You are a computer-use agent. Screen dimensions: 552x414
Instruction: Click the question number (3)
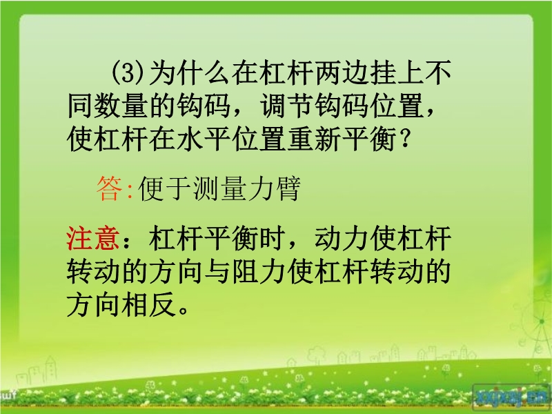tap(128, 73)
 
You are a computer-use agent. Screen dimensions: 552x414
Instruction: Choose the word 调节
tap(287, 106)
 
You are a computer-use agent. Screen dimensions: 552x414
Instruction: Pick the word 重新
tap(314, 139)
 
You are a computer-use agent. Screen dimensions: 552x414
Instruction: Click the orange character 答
tap(110, 188)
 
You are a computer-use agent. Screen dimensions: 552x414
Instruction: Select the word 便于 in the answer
tap(165, 188)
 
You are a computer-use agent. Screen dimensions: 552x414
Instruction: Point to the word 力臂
tap(274, 188)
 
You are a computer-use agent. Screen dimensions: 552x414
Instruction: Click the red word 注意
tap(93, 238)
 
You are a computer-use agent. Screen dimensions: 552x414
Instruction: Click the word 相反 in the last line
tap(148, 304)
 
